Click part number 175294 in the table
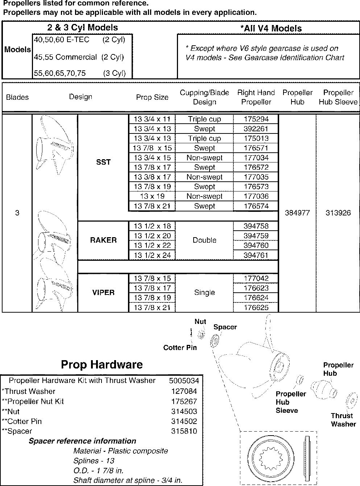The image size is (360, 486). (256, 119)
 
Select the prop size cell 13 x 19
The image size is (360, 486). (152, 196)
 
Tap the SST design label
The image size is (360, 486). (103, 162)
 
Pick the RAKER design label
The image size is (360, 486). (103, 240)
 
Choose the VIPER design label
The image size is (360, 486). (103, 292)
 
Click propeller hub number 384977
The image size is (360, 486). (297, 213)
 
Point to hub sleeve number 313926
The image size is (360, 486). (338, 213)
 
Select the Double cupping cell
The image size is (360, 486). (204, 240)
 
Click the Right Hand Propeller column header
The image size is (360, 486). (256, 97)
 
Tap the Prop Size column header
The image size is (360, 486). (152, 97)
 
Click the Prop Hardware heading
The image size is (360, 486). (102, 364)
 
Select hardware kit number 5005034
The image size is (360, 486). (184, 381)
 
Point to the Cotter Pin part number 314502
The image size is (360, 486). (184, 421)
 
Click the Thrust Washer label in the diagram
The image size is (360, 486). (343, 420)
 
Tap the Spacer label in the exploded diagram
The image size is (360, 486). (225, 327)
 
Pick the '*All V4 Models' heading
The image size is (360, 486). (271, 28)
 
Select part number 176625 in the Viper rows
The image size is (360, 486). (256, 308)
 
